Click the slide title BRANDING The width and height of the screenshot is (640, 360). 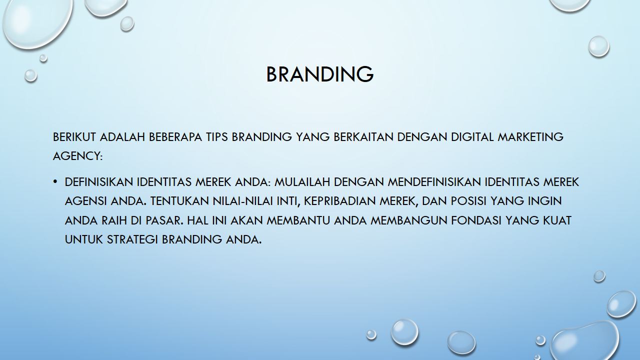click(x=320, y=74)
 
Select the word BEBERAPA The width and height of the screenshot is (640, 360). click(x=175, y=137)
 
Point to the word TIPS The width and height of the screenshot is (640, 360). click(x=217, y=137)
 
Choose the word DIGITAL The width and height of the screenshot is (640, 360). click(x=472, y=137)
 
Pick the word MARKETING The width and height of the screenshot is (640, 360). click(x=530, y=137)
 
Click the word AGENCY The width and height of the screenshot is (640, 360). click(x=76, y=156)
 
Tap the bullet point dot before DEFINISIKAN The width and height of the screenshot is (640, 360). click(x=55, y=181)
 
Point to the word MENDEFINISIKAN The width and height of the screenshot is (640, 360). click(x=434, y=182)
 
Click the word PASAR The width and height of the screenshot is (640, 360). click(x=162, y=220)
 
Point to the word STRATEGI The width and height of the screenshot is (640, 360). click(x=132, y=239)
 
